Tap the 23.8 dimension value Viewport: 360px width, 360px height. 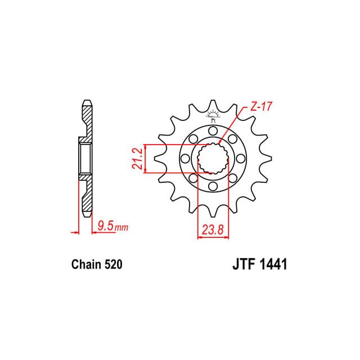pos(213,230)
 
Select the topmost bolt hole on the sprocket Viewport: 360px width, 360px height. pos(213,131)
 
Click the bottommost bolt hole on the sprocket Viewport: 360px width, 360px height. pos(213,186)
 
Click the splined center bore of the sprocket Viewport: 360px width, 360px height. pos(213,159)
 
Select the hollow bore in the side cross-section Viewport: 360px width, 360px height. pos(84,159)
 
